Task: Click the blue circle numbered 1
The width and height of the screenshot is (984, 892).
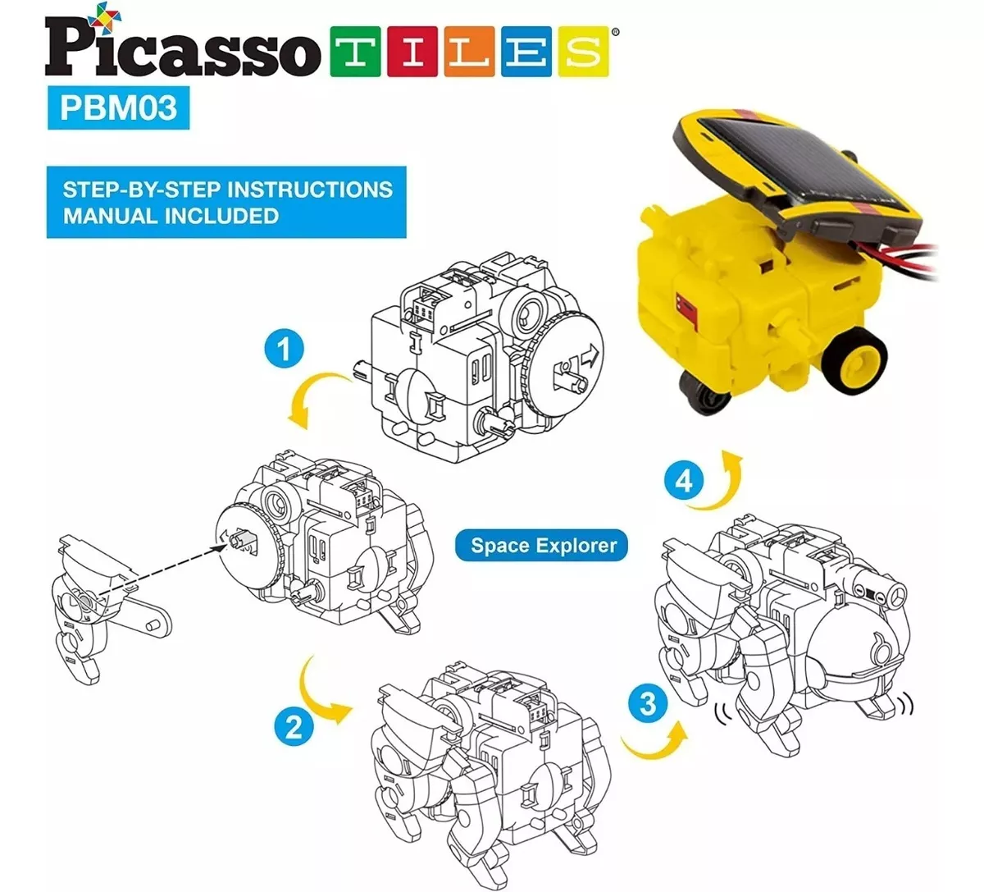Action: click(x=284, y=349)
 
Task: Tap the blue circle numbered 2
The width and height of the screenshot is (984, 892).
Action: click(x=294, y=725)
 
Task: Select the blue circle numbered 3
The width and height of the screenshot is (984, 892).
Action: click(x=648, y=703)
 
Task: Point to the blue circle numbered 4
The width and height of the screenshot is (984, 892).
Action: click(x=684, y=481)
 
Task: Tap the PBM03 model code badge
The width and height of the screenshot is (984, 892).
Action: click(x=118, y=107)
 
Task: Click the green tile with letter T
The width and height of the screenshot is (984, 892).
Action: click(x=355, y=52)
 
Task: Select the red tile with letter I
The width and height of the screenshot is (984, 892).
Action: click(x=412, y=52)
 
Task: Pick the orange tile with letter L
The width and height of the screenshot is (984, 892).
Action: click(x=469, y=52)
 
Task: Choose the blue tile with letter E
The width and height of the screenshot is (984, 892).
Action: click(x=526, y=52)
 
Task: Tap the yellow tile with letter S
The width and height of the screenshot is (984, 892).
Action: click(x=584, y=52)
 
